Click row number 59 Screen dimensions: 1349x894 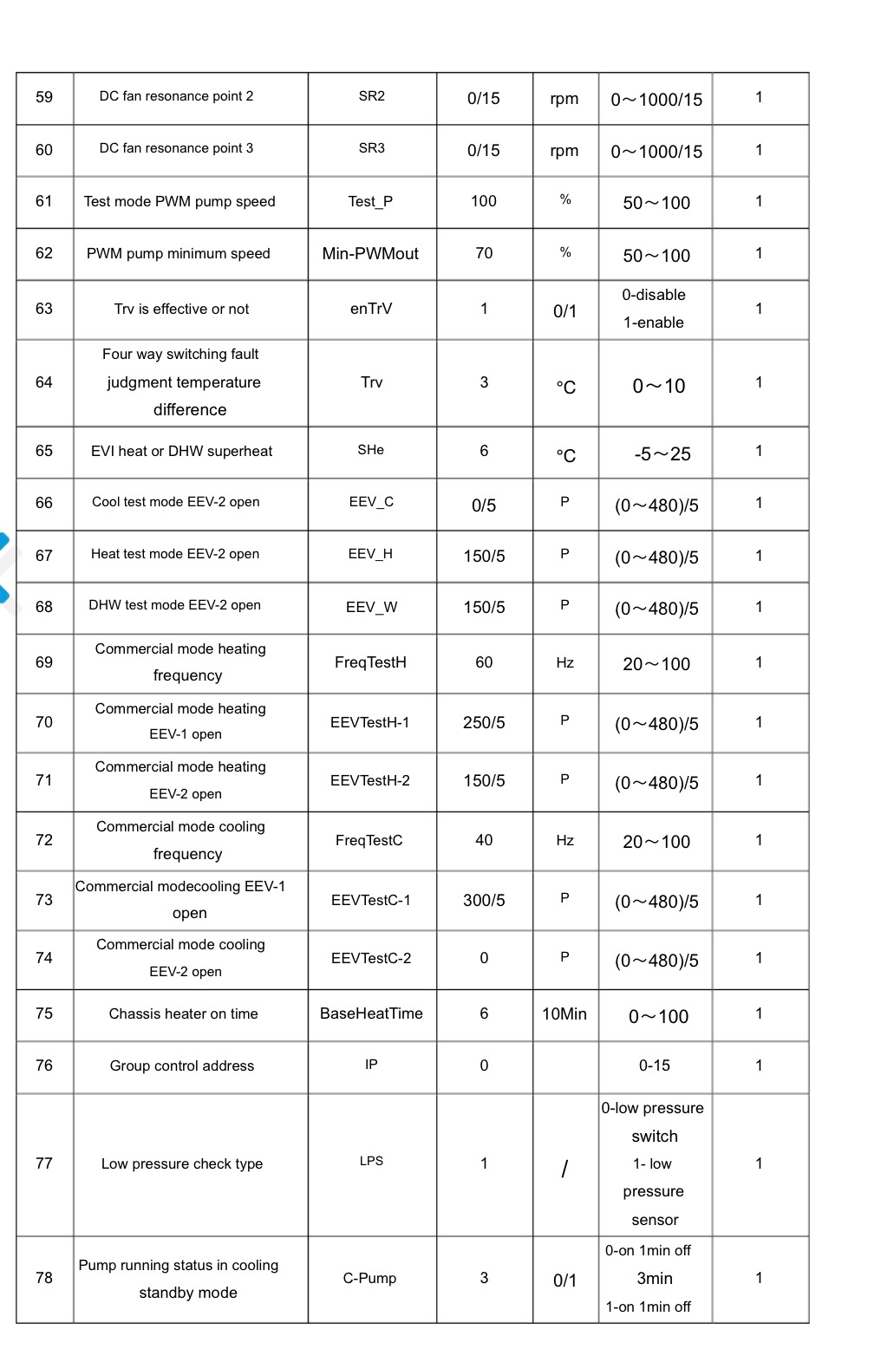tap(44, 97)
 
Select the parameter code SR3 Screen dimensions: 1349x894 tap(371, 148)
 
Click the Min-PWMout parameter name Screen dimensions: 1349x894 tap(370, 253)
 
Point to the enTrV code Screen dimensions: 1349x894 tap(371, 309)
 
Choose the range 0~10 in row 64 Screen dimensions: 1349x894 tap(658, 386)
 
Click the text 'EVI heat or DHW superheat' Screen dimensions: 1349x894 tap(181, 451)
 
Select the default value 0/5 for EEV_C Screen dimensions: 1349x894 tap(484, 505)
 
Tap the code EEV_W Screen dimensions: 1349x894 tap(371, 607)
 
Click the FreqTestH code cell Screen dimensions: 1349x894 tap(370, 662)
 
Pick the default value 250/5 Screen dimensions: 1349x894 tap(484, 722)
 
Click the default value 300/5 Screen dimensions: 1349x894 tap(484, 900)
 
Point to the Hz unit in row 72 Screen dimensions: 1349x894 tap(564, 840)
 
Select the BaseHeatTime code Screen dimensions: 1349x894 tap(371, 1013)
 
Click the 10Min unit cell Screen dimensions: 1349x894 tap(564, 1013)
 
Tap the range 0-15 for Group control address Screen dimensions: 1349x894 tap(655, 1066)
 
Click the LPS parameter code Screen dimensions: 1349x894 tap(371, 1161)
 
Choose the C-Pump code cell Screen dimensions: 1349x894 tap(369, 1278)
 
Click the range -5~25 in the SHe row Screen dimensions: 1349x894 tap(662, 454)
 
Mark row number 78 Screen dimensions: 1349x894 tap(44, 1278)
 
